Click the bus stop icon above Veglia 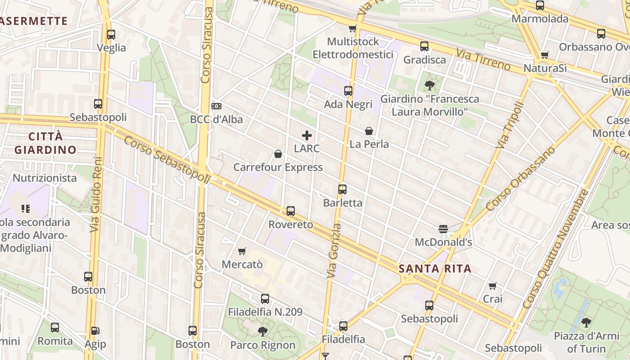[x=111, y=34]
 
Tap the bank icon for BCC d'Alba [x=216, y=106]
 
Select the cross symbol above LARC [x=307, y=135]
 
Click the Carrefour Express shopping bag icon [x=278, y=154]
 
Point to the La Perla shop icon [x=369, y=131]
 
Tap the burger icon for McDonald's [x=443, y=229]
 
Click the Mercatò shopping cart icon [x=242, y=251]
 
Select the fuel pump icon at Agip [x=95, y=331]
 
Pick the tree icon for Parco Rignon [x=263, y=332]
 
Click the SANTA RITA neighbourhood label [x=435, y=269]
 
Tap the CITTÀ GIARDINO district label [x=45, y=143]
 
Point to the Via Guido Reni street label [x=96, y=194]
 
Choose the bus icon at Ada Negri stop [x=348, y=91]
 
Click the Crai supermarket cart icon [x=493, y=286]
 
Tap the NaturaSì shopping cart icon [x=545, y=55]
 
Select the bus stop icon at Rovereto [x=291, y=211]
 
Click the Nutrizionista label [x=45, y=178]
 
